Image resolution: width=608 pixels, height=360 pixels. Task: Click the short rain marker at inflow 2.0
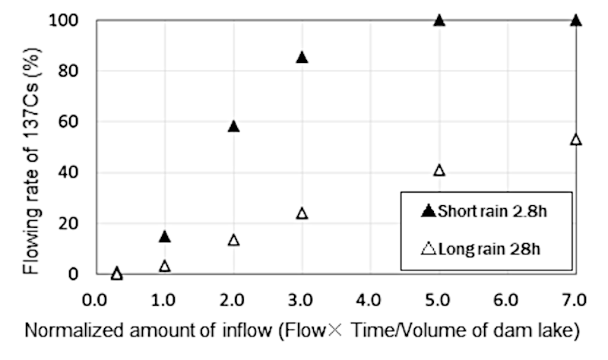(233, 126)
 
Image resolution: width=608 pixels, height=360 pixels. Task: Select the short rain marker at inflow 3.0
(302, 57)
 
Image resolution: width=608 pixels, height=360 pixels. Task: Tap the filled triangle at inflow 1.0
(165, 236)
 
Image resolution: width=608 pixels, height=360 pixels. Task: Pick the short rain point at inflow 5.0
(439, 20)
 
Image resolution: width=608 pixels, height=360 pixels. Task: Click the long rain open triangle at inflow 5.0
(439, 170)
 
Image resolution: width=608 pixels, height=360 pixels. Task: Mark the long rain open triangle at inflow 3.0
(302, 213)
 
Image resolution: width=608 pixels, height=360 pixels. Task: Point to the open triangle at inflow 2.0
(233, 240)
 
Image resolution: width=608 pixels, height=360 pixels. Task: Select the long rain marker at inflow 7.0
(575, 140)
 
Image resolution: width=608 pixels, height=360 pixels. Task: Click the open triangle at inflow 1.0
(165, 266)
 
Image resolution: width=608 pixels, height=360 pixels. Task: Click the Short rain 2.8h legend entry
(482, 212)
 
